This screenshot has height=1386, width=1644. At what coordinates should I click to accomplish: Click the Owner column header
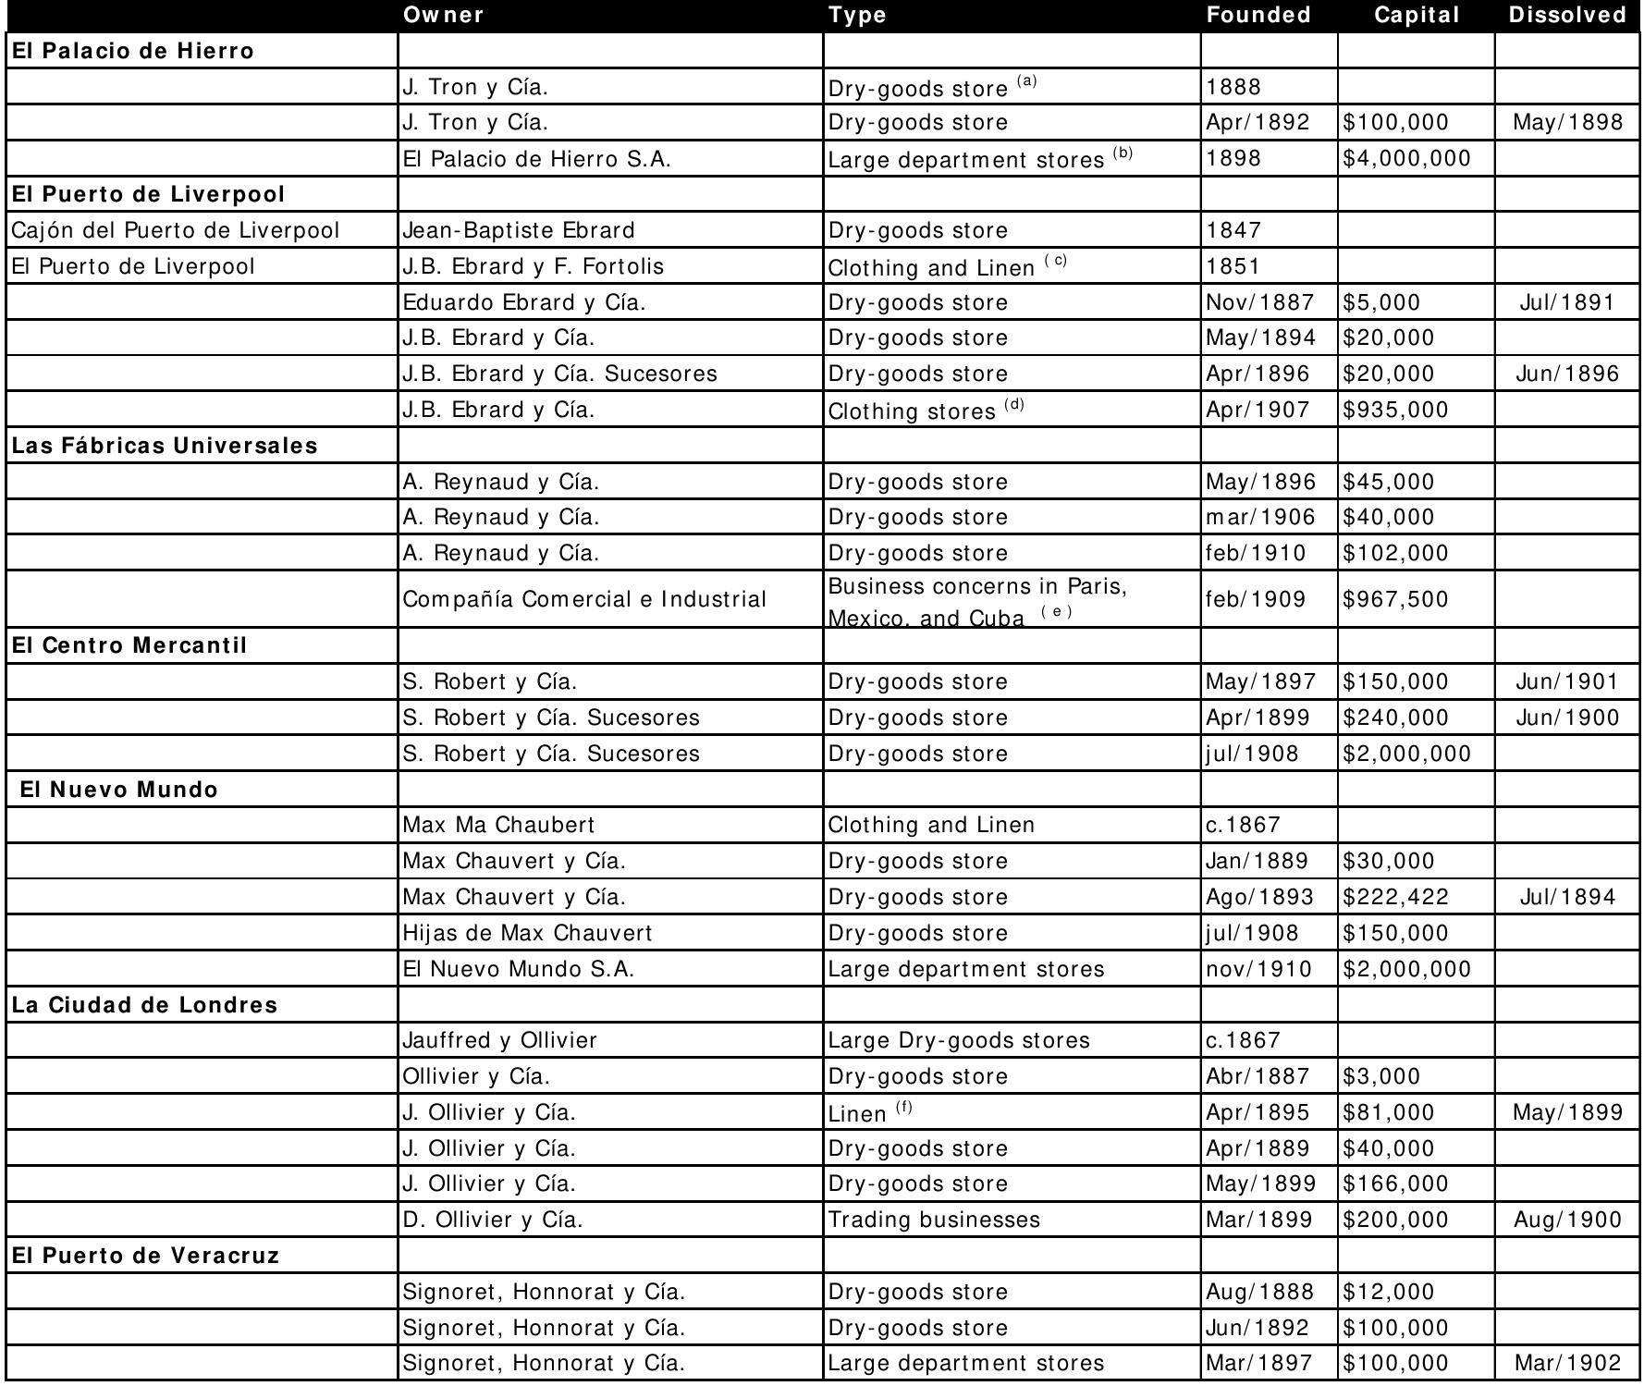point(444,15)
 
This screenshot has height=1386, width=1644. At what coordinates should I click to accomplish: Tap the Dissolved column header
point(1567,15)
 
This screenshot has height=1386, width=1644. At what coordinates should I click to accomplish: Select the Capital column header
point(1417,15)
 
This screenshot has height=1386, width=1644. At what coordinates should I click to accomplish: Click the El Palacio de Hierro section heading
point(132,51)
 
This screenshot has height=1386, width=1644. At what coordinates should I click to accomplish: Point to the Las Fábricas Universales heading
point(165,446)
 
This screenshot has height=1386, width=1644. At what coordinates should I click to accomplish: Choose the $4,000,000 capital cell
point(1406,159)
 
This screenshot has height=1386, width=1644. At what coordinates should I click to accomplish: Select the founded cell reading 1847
point(1233,230)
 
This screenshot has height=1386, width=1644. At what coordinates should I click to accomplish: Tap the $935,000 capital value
point(1395,410)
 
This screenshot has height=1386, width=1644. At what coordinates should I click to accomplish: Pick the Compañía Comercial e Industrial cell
point(584,599)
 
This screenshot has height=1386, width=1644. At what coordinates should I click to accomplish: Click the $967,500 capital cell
point(1395,599)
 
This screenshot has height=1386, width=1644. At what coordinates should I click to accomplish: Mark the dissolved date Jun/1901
point(1567,681)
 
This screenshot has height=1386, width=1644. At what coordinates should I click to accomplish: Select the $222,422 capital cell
point(1395,897)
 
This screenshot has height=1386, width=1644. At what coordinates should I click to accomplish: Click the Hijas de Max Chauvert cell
point(528,933)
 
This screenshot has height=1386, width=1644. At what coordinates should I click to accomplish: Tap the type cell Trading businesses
point(934,1220)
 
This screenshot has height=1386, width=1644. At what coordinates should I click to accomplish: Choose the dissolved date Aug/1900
point(1567,1220)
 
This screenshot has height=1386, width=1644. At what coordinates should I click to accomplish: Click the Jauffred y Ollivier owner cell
point(500,1040)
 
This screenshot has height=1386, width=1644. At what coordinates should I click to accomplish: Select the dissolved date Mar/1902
point(1567,1363)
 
